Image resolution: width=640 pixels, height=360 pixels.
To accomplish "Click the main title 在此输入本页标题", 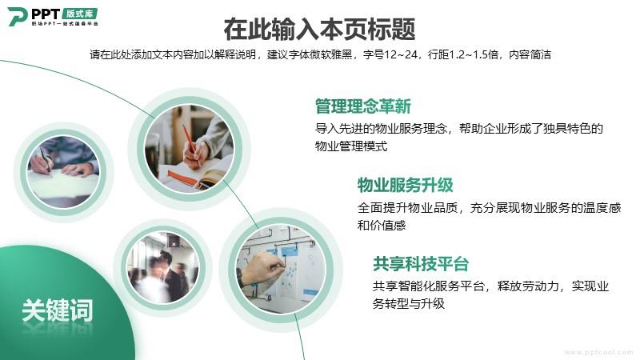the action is tap(319, 29).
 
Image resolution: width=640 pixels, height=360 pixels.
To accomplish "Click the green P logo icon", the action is tap(17, 17).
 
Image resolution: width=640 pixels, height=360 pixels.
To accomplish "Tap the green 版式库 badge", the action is tap(80, 14).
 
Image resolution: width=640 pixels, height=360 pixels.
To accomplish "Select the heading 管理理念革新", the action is tap(363, 106).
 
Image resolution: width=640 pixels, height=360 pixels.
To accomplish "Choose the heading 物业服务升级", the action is tap(406, 185).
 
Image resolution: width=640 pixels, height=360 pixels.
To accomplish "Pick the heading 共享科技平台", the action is tap(421, 264).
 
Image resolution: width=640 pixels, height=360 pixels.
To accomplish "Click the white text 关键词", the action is tap(57, 310).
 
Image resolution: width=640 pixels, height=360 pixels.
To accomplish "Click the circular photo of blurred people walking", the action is tap(163, 267).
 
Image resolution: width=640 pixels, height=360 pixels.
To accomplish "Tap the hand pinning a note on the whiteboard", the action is tap(261, 268).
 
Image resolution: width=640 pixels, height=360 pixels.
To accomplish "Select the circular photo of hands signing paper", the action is tap(63, 172).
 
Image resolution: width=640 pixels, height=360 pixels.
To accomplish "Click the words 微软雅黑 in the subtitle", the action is tap(330, 54).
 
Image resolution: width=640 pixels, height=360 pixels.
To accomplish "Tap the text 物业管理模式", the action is tap(351, 146).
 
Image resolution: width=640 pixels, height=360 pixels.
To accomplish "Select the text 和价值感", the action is tap(382, 226).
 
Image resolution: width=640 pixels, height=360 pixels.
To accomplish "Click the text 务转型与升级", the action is tap(409, 304).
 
